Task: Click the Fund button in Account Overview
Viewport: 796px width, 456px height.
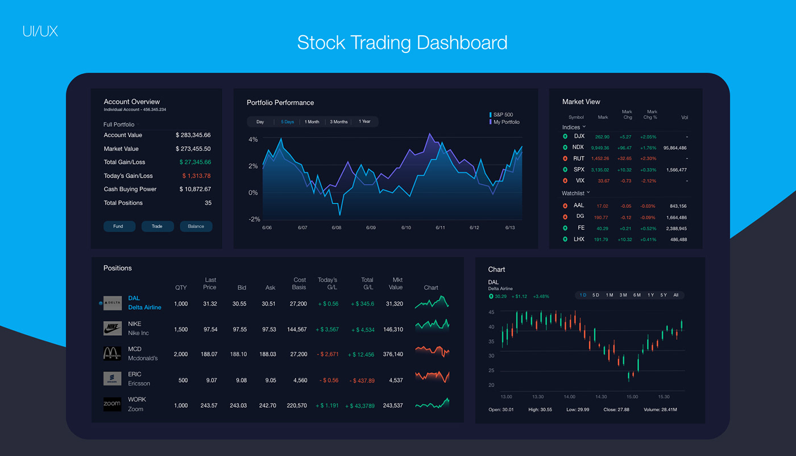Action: click(118, 227)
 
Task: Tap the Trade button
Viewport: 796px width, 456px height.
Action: click(157, 227)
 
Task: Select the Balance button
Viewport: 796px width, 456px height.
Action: click(196, 227)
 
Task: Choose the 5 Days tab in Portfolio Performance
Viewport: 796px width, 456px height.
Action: click(288, 122)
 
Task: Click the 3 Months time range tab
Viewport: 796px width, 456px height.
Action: click(338, 122)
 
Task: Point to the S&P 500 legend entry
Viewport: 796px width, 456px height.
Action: click(503, 115)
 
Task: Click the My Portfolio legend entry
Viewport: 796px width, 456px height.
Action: click(505, 122)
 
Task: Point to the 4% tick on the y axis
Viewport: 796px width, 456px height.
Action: click(253, 139)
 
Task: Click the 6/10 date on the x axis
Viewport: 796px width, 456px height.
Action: click(406, 228)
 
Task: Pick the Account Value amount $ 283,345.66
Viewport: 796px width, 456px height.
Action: click(193, 135)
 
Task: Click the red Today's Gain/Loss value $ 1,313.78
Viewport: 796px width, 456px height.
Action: click(197, 176)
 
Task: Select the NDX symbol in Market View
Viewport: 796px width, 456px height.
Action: click(578, 147)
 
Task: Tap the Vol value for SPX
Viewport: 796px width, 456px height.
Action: click(676, 170)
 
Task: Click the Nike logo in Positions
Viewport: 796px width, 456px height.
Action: click(113, 328)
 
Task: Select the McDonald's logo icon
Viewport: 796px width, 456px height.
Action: click(113, 354)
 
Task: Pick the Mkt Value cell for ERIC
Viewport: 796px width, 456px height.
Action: click(396, 380)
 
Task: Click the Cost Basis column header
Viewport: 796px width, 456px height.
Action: click(300, 284)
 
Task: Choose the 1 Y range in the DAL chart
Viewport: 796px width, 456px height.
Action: click(650, 295)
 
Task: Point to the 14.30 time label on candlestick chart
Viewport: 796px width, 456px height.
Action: click(601, 397)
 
